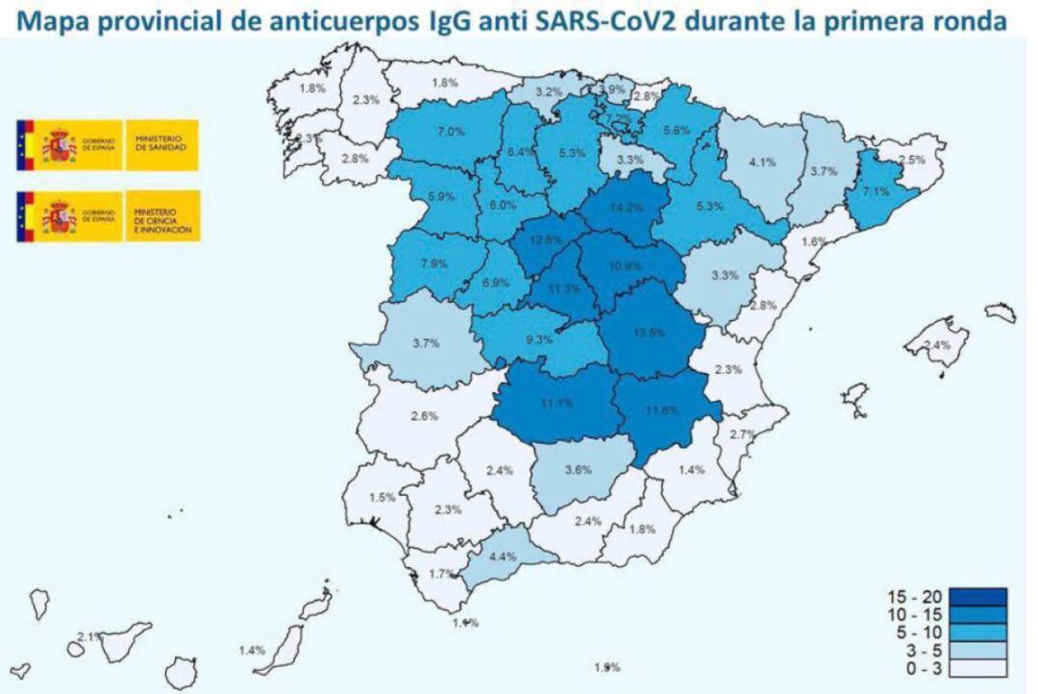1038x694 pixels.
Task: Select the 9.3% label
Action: pos(539,338)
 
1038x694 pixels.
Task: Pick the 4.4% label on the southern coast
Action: pos(503,556)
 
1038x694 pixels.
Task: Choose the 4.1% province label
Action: pos(762,161)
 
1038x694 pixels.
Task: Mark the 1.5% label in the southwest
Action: pos(383,497)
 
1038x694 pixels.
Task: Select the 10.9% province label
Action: pos(625,264)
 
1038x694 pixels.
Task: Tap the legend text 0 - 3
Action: pos(911,668)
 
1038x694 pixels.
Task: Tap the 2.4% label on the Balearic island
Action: pos(936,344)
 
